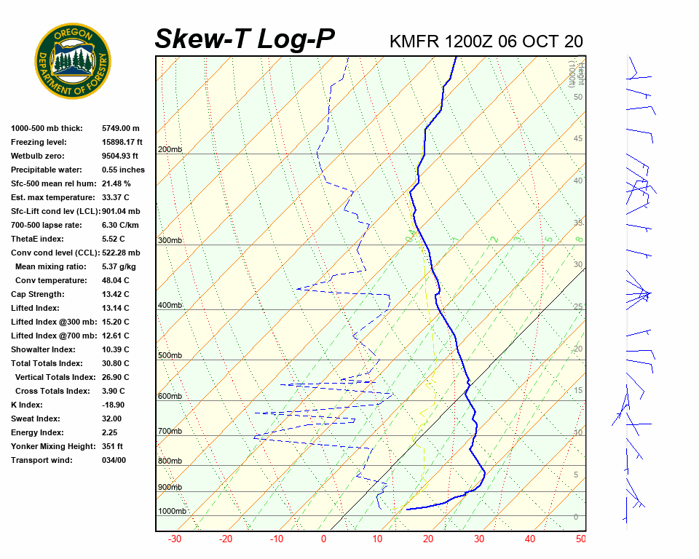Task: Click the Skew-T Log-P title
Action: tap(245, 39)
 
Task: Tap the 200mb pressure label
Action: tap(170, 150)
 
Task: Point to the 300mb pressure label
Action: tap(170, 241)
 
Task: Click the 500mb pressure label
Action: tap(170, 356)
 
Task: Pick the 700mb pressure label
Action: tap(170, 432)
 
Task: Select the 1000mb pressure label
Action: tap(173, 512)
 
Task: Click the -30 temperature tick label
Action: tap(175, 539)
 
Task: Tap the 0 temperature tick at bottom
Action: tap(324, 539)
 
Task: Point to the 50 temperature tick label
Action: tap(580, 539)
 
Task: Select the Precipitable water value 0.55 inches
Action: tap(123, 170)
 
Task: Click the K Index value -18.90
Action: tap(113, 405)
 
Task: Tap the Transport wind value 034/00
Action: tap(114, 461)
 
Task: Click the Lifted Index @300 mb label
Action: tap(49, 322)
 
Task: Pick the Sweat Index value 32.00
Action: tap(111, 419)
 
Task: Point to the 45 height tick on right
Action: tap(578, 139)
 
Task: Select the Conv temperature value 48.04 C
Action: tap(115, 281)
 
